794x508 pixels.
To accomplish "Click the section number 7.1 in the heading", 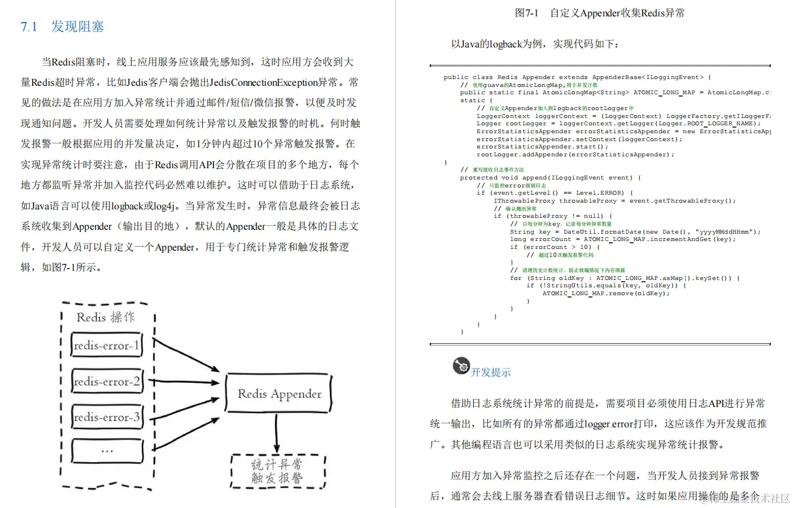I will coord(29,27).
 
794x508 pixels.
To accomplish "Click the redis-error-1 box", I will coord(106,345).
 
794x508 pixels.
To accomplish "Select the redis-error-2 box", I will coord(106,382).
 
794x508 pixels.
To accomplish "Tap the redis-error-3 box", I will coord(106,417).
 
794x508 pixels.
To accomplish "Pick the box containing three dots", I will coord(107,451).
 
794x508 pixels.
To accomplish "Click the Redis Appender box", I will coord(278,393).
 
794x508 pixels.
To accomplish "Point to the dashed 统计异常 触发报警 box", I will coord(278,471).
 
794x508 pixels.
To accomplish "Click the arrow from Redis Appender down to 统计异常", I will coord(277,433).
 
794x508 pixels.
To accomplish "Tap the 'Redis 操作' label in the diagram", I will coord(106,317).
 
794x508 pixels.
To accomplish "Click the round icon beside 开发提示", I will coord(461,366).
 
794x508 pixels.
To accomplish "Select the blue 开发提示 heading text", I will coord(491,372).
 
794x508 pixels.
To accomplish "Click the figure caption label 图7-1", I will coord(526,13).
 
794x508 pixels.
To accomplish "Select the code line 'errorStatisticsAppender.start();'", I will coord(542,147).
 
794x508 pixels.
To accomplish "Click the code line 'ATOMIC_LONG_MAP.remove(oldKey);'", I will coord(606,294).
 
